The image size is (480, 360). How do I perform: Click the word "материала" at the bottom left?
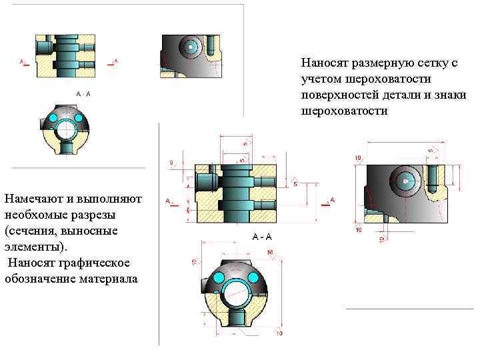pos(105,278)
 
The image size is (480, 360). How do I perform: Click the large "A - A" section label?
pos(261,237)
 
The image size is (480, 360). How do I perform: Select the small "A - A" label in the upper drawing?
pos(83,94)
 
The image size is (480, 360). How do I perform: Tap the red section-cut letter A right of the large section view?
pos(332,199)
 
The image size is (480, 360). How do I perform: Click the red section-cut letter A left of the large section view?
pos(169,199)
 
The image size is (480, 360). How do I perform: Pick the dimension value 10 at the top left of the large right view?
pos(358,157)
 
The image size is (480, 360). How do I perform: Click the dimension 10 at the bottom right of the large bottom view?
pos(279,333)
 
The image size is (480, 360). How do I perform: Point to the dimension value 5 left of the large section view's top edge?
pos(171,162)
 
